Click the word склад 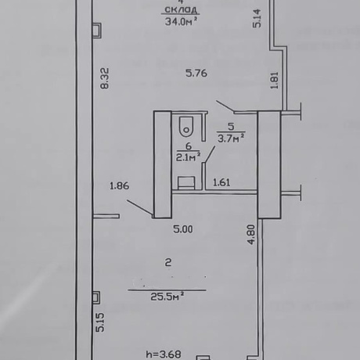tap(182, 10)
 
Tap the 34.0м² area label tap(181, 21)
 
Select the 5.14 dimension tap(257, 18)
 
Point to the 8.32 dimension tap(105, 78)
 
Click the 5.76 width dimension tap(196, 73)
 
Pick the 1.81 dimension tap(275, 81)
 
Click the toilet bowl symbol tap(186, 127)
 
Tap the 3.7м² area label tap(231, 139)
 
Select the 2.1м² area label tap(188, 157)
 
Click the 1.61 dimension tap(221, 182)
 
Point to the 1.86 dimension tap(120, 186)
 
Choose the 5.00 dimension tap(183, 229)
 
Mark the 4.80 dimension tap(251, 235)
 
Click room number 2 tap(168, 262)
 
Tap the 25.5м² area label tap(167, 297)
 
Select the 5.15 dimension tap(100, 322)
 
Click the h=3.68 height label tap(164, 355)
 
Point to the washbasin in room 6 tap(186, 182)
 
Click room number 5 tap(231, 127)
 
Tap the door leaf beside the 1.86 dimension tap(139, 208)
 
